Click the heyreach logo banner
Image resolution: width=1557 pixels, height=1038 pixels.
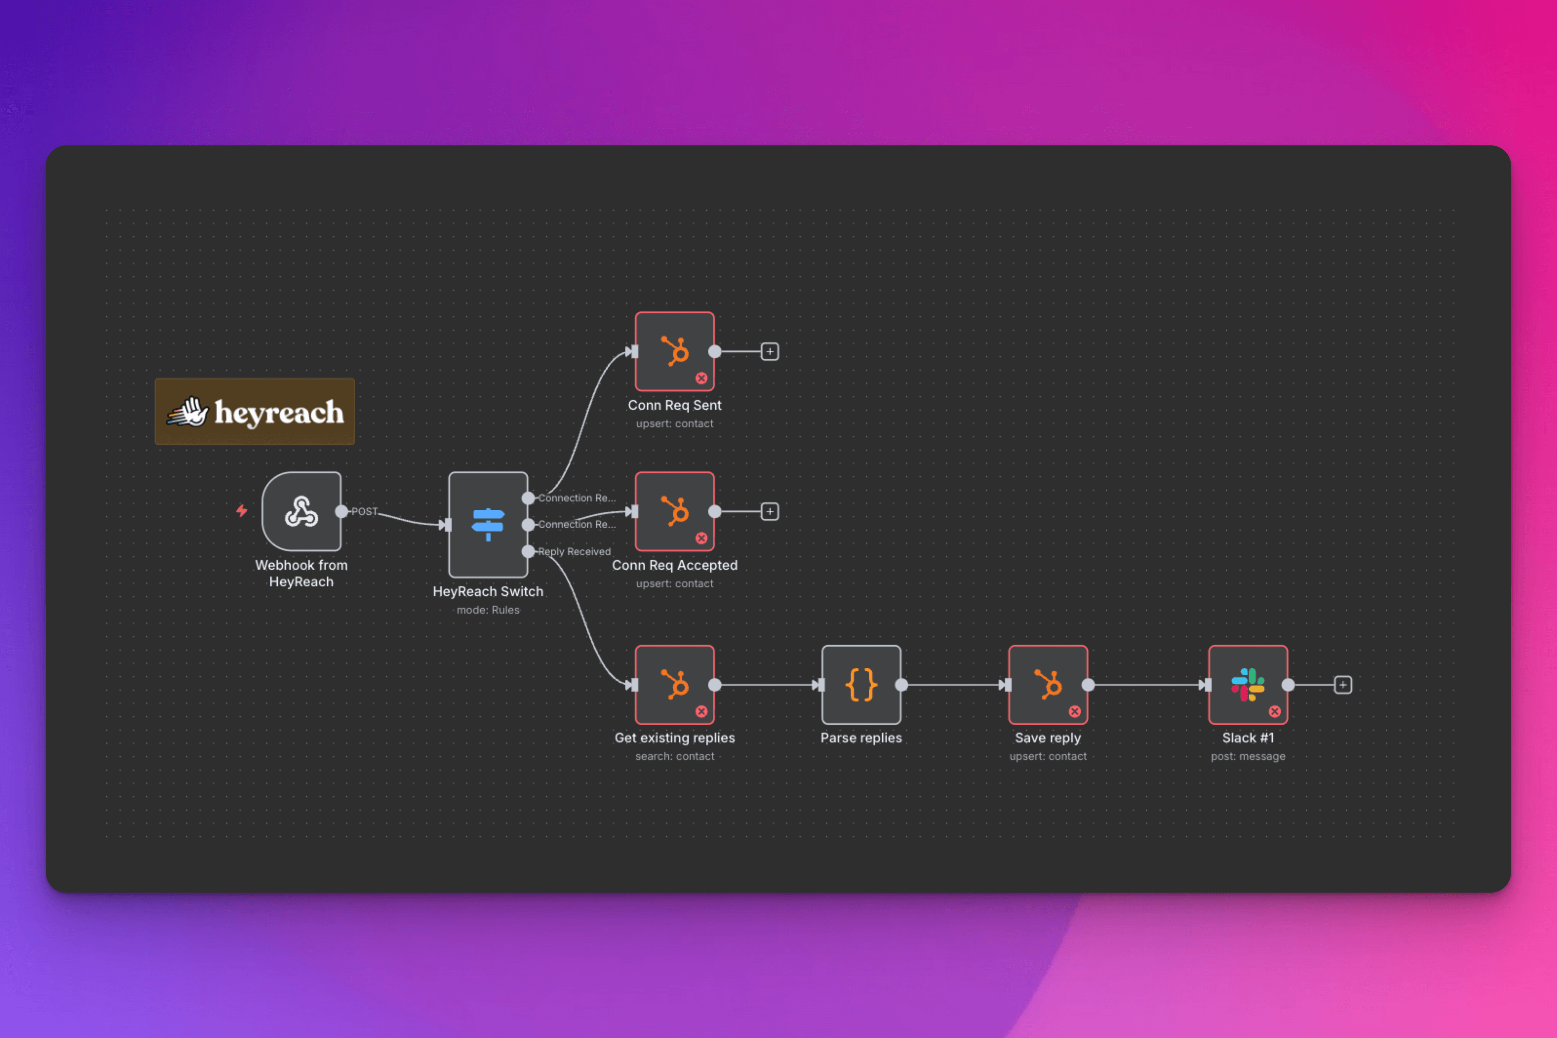pyautogui.click(x=255, y=411)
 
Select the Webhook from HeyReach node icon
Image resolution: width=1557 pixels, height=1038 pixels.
pyautogui.click(x=301, y=511)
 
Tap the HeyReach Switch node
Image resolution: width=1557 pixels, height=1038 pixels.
pyautogui.click(x=488, y=524)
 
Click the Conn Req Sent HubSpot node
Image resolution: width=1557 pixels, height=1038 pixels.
pyautogui.click(x=675, y=352)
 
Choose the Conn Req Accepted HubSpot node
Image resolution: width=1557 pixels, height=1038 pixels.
pyautogui.click(x=675, y=511)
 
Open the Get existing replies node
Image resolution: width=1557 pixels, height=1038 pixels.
pyautogui.click(x=675, y=684)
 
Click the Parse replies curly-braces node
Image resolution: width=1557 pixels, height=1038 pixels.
pyautogui.click(x=861, y=684)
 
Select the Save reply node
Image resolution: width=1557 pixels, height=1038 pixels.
pyautogui.click(x=1048, y=684)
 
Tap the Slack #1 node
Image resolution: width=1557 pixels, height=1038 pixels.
pyautogui.click(x=1248, y=684)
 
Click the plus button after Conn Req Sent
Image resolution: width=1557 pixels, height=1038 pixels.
pyautogui.click(x=770, y=352)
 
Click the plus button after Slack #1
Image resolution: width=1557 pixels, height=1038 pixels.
pyautogui.click(x=1342, y=684)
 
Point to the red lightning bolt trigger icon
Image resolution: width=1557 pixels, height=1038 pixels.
pyautogui.click(x=241, y=510)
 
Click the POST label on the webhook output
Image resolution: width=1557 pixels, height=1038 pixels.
pyautogui.click(x=364, y=511)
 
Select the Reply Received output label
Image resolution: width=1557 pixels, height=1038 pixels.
pyautogui.click(x=574, y=551)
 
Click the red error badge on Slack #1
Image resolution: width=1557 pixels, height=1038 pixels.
pyautogui.click(x=1274, y=712)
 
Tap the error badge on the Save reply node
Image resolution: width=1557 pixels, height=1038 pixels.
pyautogui.click(x=1075, y=712)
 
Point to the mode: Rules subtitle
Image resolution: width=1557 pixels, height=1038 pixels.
pyautogui.click(x=488, y=610)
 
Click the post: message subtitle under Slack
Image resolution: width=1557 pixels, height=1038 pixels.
pyautogui.click(x=1248, y=756)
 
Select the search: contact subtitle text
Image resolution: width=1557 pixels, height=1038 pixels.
pyautogui.click(x=675, y=756)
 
